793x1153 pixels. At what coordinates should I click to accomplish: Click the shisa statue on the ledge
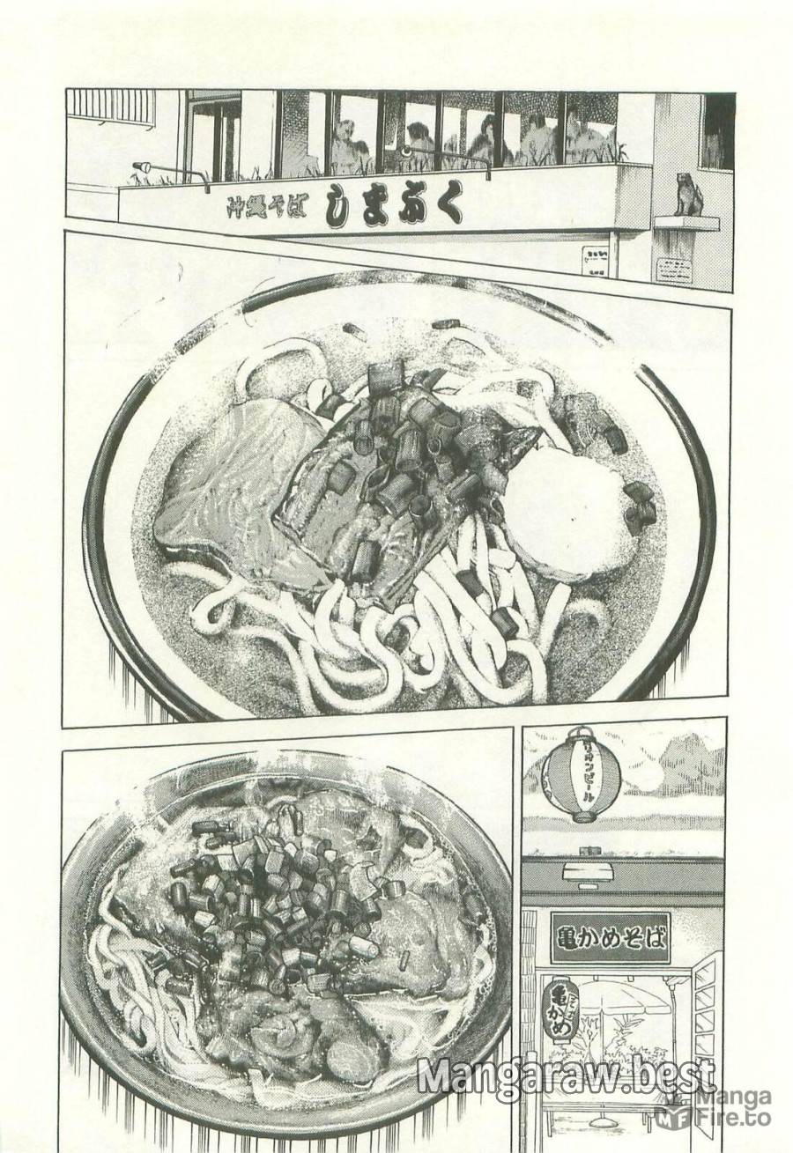[686, 196]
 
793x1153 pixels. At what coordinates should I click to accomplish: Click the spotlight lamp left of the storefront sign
[141, 166]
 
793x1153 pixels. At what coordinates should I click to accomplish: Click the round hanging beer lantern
[581, 773]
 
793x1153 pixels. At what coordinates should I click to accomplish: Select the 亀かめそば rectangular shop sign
[609, 936]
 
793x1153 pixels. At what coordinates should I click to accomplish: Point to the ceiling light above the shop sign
[587, 872]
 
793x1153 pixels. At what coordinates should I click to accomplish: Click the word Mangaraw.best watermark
[564, 1076]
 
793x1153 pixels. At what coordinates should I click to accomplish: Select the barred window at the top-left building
[110, 107]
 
